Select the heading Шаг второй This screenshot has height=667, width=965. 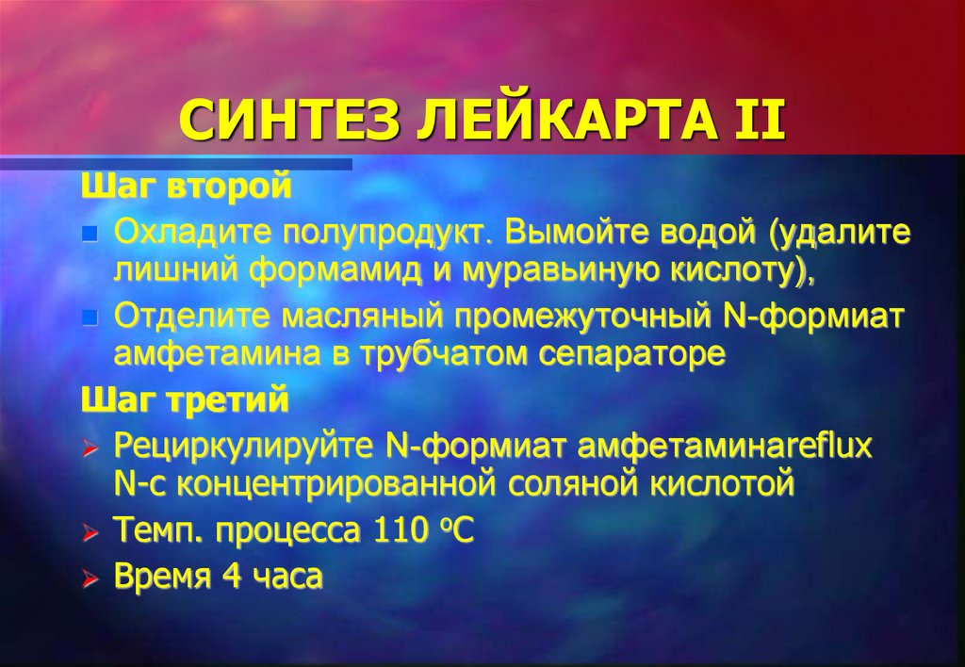click(185, 186)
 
